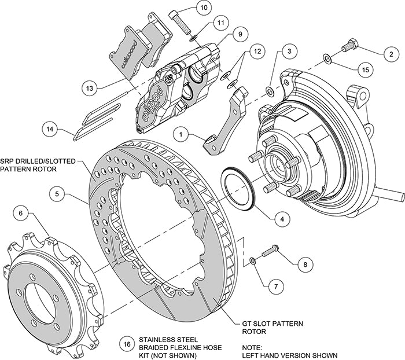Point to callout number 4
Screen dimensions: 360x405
pos(282,219)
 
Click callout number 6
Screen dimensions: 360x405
pos(21,214)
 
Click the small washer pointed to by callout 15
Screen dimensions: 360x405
pos(327,58)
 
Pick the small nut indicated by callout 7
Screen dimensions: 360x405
pos(253,263)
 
